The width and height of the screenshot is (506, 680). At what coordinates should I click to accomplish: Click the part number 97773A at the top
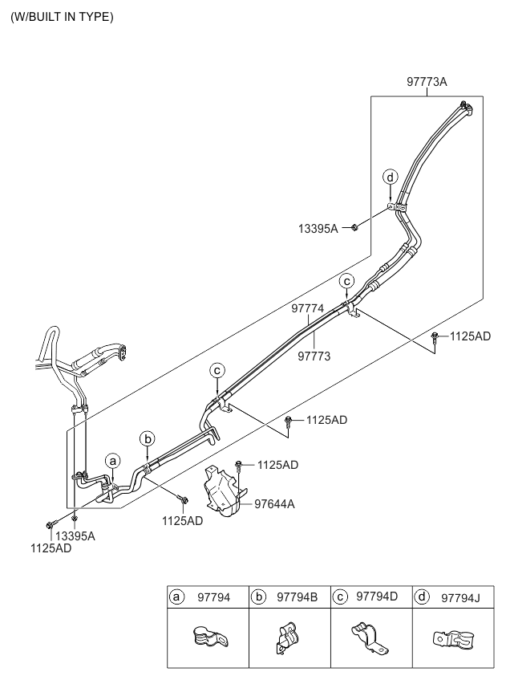click(x=426, y=82)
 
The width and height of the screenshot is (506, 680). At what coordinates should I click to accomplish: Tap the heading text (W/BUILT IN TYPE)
click(x=62, y=17)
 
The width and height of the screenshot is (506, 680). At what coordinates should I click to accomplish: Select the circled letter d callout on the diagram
click(x=390, y=177)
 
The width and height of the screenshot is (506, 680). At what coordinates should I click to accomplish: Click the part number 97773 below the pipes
click(x=315, y=354)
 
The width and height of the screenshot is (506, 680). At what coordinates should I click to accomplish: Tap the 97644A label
click(x=274, y=504)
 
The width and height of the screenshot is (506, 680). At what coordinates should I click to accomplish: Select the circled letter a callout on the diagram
click(x=113, y=461)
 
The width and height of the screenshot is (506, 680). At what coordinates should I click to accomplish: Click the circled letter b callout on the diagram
click(x=147, y=438)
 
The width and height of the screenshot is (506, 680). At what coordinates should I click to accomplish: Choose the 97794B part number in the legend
click(x=297, y=597)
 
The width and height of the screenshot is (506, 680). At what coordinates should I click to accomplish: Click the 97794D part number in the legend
click(x=377, y=597)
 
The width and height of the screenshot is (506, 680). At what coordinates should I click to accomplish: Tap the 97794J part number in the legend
click(x=459, y=597)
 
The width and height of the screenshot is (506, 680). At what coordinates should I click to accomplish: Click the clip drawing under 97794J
click(x=451, y=640)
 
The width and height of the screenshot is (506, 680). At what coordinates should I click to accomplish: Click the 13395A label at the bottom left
click(x=74, y=536)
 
